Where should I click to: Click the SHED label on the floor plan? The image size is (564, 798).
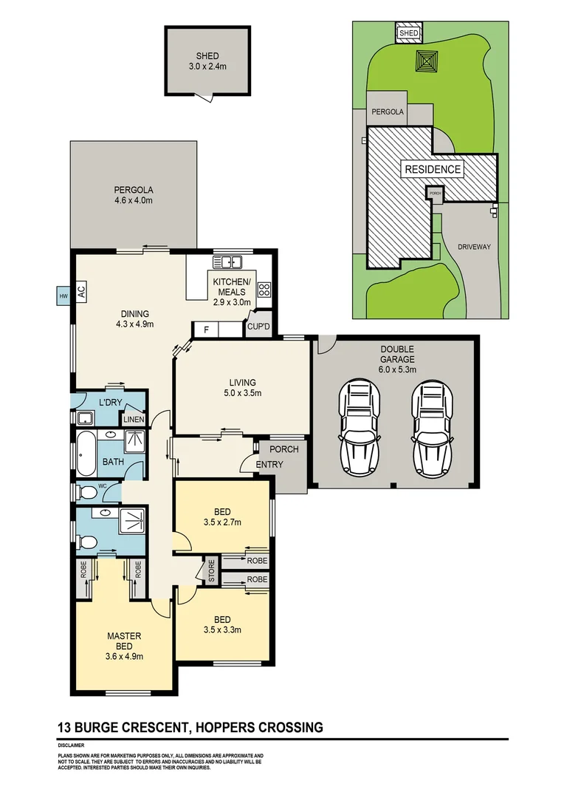pos(207,55)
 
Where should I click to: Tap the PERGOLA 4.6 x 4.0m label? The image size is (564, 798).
pos(133,194)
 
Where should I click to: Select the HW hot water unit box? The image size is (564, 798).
pos(62,297)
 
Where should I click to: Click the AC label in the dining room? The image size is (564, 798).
pos(81,291)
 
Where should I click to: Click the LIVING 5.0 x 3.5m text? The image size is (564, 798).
pos(241,387)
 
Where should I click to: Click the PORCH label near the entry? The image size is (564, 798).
pos(283,449)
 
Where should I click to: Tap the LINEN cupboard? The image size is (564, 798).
pos(134,419)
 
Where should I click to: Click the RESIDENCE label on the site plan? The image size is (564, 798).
pos(433,169)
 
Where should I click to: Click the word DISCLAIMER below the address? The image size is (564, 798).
pos(71,746)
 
